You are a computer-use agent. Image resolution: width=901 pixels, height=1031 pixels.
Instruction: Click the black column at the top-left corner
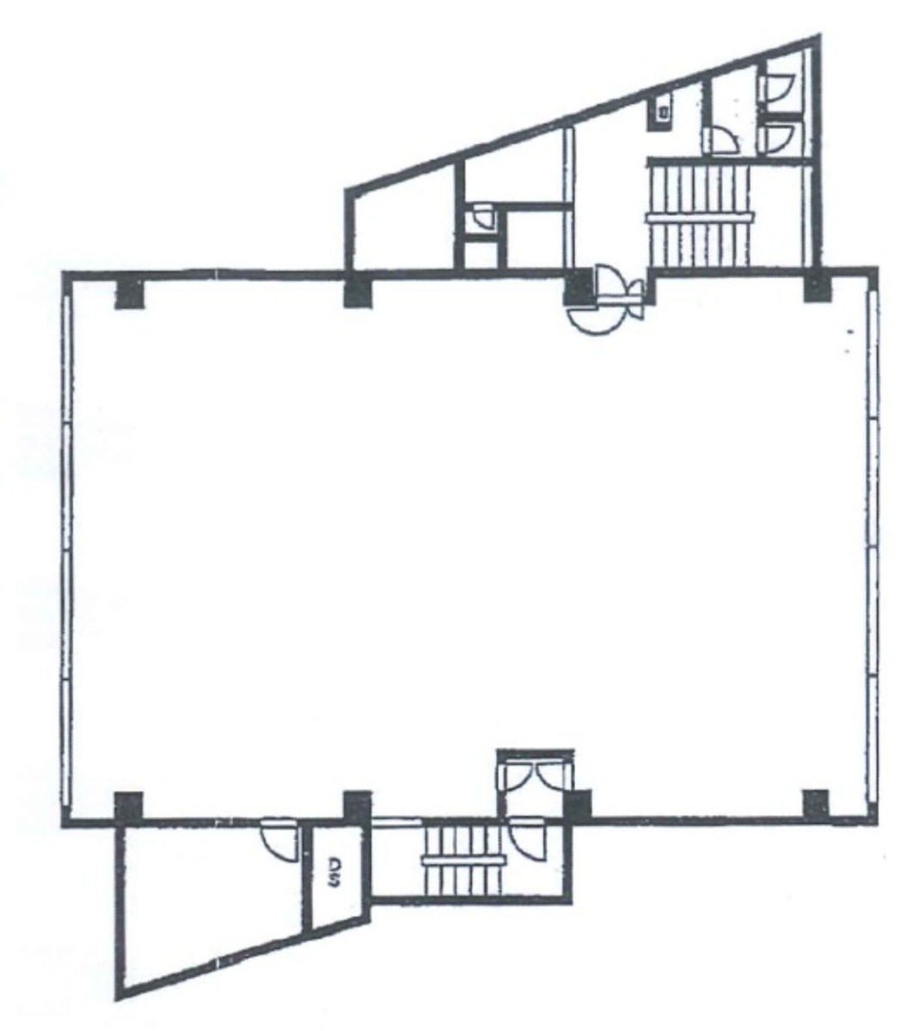pyautogui.click(x=130, y=292)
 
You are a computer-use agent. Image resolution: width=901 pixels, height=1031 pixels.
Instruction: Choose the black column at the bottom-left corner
pyautogui.click(x=128, y=806)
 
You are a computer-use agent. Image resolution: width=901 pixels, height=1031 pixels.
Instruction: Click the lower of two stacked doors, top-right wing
pyautogui.click(x=778, y=136)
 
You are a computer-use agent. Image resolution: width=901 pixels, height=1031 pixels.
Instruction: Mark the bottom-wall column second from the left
pyautogui.click(x=357, y=806)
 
